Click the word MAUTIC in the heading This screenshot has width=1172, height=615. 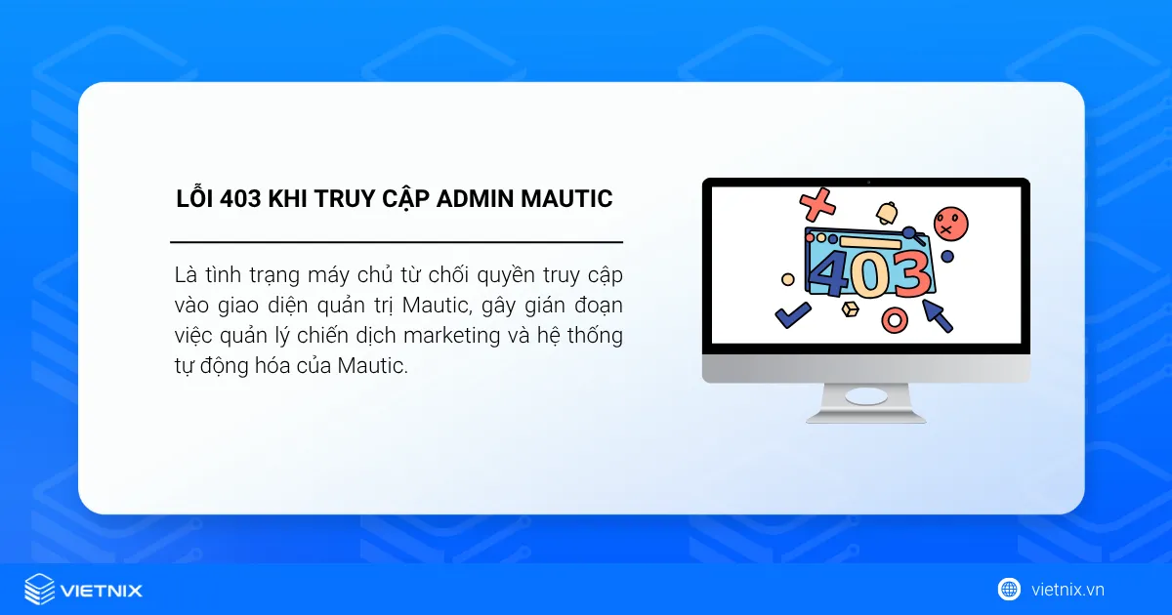(566, 199)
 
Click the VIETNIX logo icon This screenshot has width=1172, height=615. (39, 589)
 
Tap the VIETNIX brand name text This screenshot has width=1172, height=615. (102, 590)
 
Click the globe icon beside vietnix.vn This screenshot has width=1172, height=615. (1008, 589)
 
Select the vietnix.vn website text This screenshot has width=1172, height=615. (1067, 590)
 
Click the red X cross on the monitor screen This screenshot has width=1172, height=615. (817, 205)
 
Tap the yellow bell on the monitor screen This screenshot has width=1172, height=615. (887, 212)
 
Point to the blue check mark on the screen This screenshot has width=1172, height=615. (791, 313)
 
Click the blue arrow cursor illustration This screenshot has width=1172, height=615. (939, 314)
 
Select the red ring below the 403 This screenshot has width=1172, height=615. (894, 319)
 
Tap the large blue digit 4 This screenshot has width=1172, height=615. (832, 273)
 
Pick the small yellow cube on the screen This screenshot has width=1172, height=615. (849, 309)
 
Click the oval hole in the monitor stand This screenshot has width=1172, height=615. (865, 396)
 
